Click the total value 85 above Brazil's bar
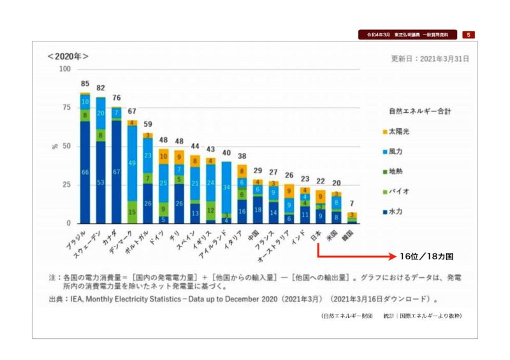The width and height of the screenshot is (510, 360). [85, 84]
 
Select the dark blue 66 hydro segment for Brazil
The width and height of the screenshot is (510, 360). [85, 173]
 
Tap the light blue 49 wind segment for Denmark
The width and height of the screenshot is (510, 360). [132, 163]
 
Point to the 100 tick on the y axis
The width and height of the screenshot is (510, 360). [64, 69]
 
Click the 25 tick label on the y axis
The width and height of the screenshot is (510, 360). [67, 185]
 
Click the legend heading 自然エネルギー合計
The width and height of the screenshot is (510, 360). [421, 111]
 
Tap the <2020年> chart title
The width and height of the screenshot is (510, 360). [68, 56]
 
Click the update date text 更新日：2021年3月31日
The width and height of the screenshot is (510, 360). [430, 58]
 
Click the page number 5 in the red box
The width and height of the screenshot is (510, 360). [468, 34]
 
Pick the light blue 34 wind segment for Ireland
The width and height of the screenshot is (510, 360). [226, 188]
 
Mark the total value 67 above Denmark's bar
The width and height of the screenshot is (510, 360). [132, 112]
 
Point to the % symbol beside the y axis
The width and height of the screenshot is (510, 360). [55, 147]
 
